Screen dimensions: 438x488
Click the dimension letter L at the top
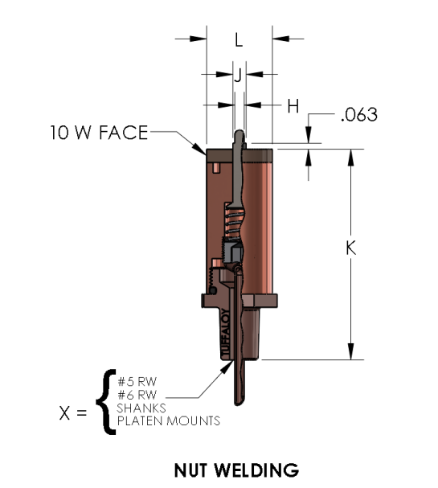click(x=239, y=40)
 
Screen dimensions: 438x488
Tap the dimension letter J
click(x=238, y=76)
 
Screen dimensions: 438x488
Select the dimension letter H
click(x=293, y=106)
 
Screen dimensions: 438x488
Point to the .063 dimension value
click(x=359, y=114)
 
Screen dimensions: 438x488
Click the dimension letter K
click(x=351, y=248)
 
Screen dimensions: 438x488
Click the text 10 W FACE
click(x=99, y=133)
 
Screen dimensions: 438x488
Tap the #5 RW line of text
click(x=137, y=382)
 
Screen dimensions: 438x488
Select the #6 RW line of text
click(x=137, y=395)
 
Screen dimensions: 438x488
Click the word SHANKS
click(x=141, y=408)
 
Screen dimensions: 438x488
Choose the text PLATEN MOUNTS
click(x=169, y=421)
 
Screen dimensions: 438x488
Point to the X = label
click(x=73, y=413)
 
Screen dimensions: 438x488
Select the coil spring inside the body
click(x=232, y=222)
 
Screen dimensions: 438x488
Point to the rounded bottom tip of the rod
click(x=238, y=404)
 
